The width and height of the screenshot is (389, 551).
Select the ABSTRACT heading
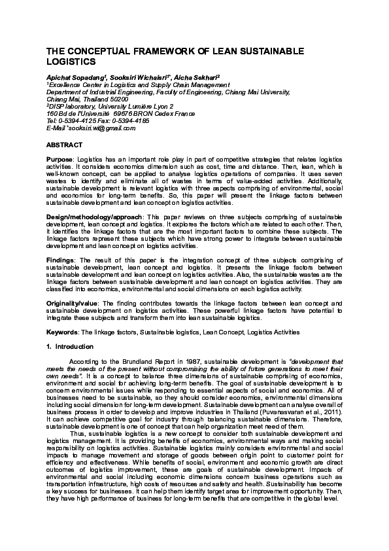(65, 143)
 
